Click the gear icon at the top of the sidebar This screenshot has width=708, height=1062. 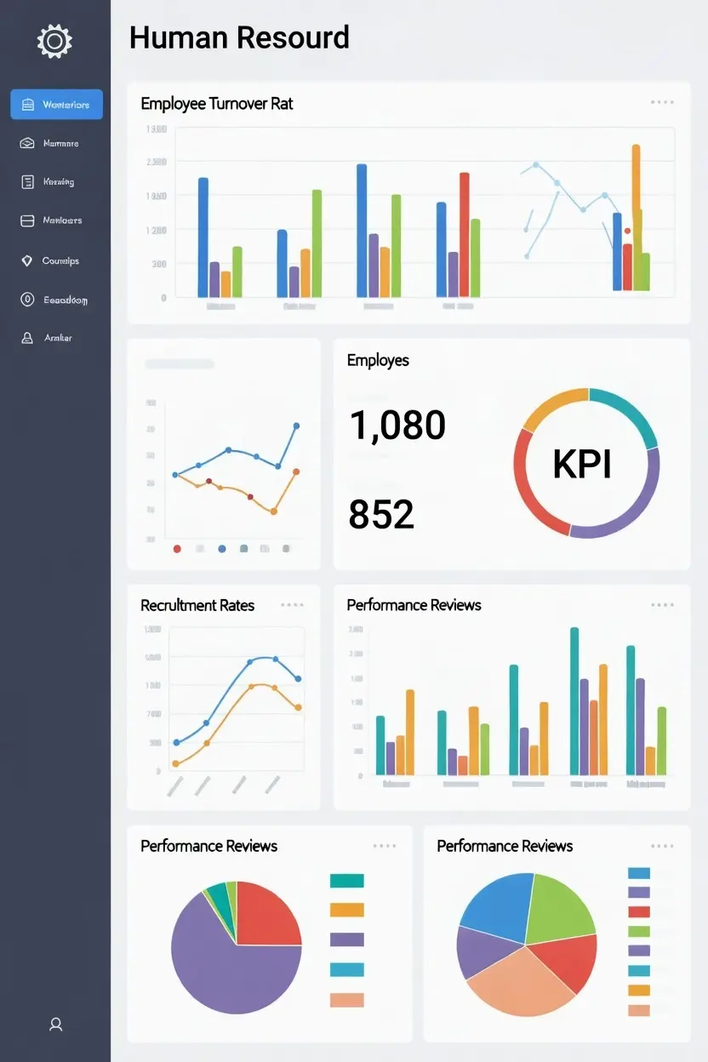tap(54, 41)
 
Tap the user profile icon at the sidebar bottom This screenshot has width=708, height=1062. tap(56, 1025)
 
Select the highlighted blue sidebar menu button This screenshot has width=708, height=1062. tap(56, 105)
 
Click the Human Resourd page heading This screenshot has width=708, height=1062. tap(239, 38)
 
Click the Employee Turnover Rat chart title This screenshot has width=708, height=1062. tap(217, 104)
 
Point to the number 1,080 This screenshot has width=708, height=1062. tap(397, 425)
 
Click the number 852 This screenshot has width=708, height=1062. tap(381, 514)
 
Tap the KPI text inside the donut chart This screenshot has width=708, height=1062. tap(582, 464)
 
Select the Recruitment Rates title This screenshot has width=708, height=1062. tap(197, 605)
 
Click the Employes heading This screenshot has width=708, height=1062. tap(378, 360)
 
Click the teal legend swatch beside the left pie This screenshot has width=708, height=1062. tap(346, 881)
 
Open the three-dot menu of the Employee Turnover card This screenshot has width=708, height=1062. tap(662, 102)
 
